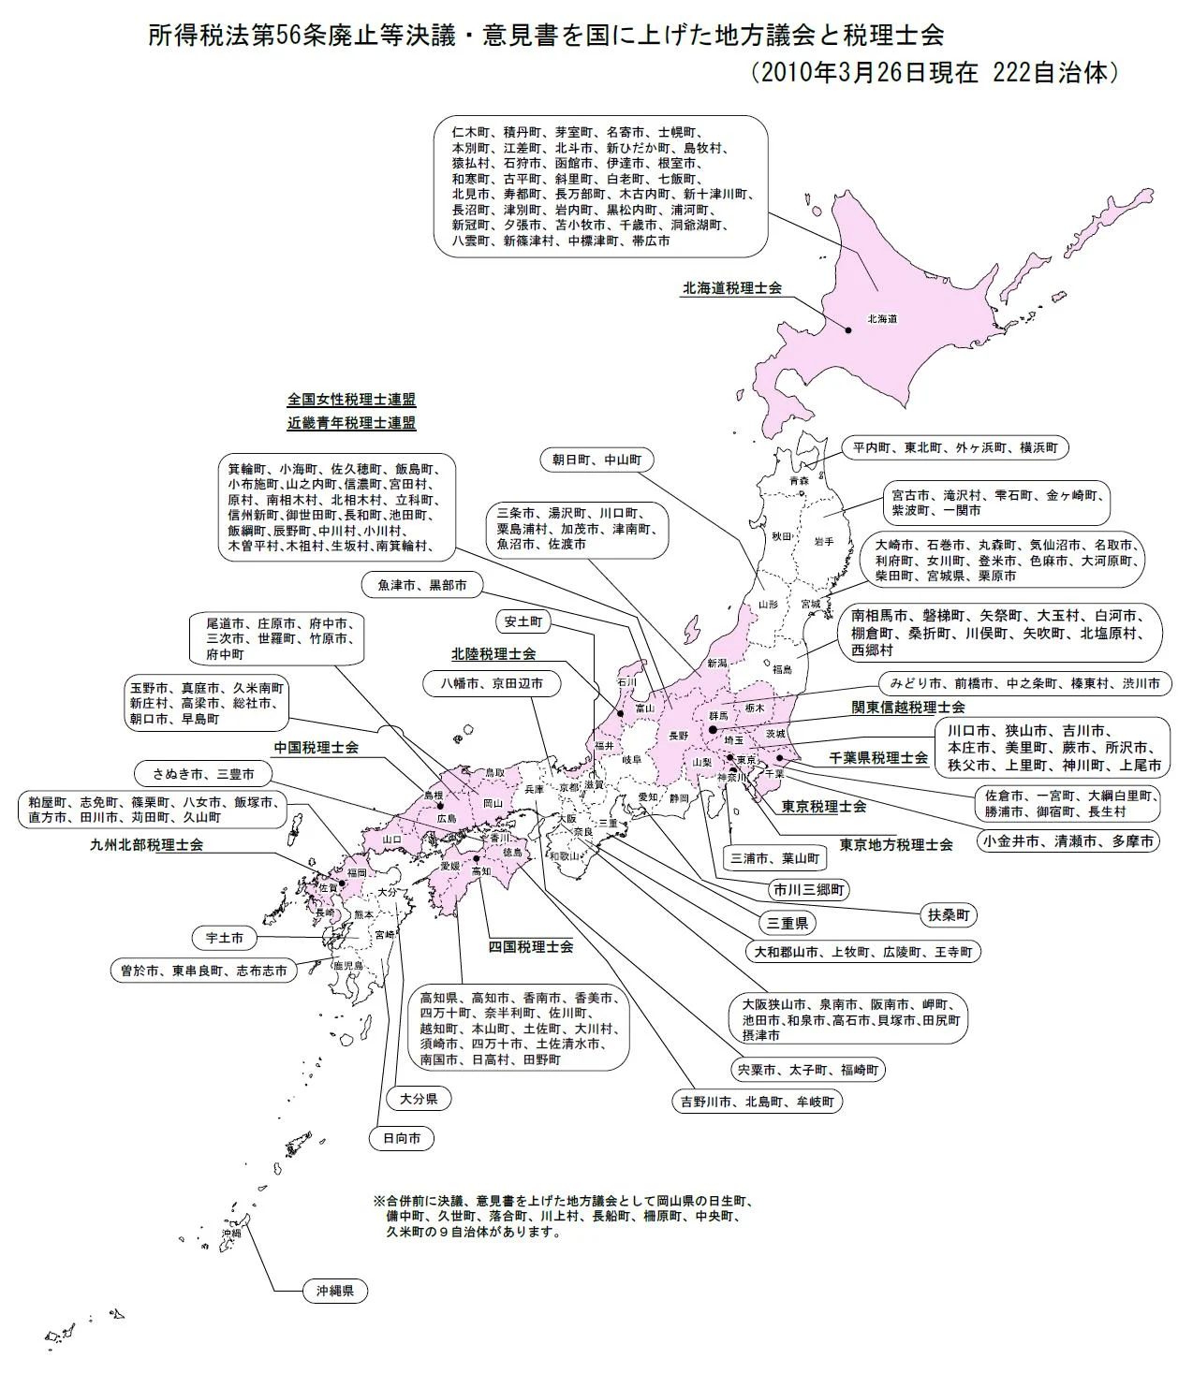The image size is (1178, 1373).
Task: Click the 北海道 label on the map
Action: tap(882, 319)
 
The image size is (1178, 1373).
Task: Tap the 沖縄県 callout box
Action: tap(334, 1291)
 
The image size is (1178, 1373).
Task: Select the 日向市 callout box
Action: tap(402, 1138)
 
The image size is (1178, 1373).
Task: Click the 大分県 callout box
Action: tap(419, 1098)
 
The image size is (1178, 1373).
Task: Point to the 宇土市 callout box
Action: tap(224, 937)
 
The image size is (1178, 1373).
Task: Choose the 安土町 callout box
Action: tap(523, 621)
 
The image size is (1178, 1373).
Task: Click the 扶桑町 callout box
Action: tap(949, 914)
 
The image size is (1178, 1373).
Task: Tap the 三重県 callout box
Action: tap(788, 923)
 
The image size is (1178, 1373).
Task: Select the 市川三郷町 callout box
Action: tap(808, 889)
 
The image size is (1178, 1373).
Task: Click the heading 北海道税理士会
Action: tap(732, 288)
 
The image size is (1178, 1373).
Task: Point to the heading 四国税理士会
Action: tap(531, 946)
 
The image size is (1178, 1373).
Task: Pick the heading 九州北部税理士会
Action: tap(146, 845)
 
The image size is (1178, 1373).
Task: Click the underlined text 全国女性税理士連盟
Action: tap(352, 400)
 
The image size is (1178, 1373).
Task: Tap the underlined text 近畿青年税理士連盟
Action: tap(352, 422)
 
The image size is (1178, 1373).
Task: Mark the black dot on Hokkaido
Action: tap(848, 329)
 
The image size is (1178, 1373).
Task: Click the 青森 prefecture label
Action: tap(799, 481)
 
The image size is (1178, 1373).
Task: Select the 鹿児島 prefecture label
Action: tap(348, 965)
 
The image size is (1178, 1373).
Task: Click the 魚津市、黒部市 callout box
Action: tap(422, 585)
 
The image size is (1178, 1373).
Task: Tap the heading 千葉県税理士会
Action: tap(878, 758)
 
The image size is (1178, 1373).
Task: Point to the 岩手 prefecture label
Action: tap(824, 541)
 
